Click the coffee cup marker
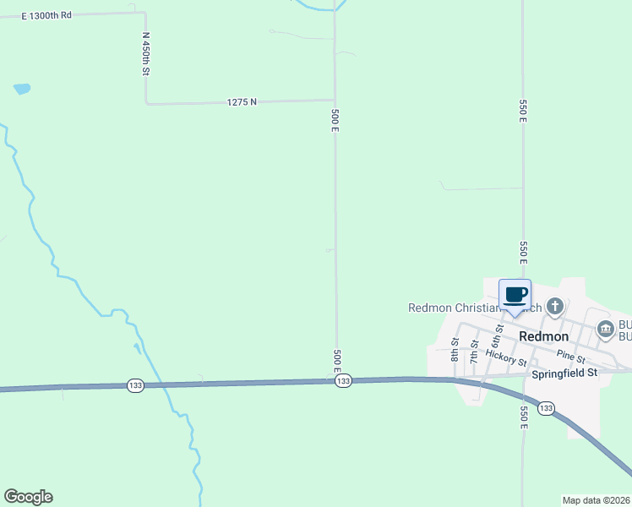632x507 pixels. [515, 296]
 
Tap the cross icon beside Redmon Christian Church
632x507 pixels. [554, 306]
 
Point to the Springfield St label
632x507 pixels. [564, 372]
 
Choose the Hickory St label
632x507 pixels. [506, 359]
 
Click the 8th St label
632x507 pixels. [455, 349]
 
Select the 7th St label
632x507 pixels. [474, 349]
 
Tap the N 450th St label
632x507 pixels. [145, 54]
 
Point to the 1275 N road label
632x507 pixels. [242, 101]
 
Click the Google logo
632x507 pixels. [28, 497]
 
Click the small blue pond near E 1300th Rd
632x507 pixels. [22, 89]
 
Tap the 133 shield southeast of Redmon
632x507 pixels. [546, 409]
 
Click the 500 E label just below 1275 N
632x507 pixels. [335, 119]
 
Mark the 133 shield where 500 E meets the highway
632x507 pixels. [342, 382]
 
